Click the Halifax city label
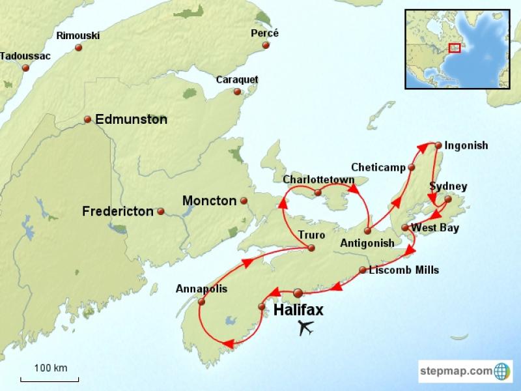click(x=298, y=310)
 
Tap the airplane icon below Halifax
click(x=305, y=328)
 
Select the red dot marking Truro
click(x=311, y=248)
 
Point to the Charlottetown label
click(x=318, y=179)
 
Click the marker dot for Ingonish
click(x=438, y=145)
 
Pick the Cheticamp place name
click(x=378, y=167)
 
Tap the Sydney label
click(x=448, y=187)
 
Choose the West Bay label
click(x=435, y=228)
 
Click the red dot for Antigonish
click(x=368, y=231)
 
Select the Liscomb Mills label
click(x=404, y=270)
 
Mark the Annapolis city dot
click(x=201, y=302)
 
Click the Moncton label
click(x=209, y=201)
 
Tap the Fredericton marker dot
click(x=160, y=211)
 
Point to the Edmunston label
click(x=131, y=119)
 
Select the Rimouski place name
click(x=77, y=35)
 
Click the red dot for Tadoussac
click(x=25, y=68)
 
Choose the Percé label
click(x=264, y=33)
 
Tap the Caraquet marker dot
click(x=237, y=92)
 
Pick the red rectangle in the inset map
click(x=455, y=48)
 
